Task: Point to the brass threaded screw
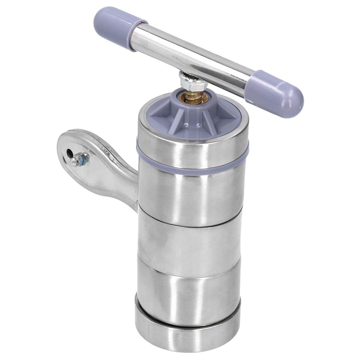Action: tap(194, 96)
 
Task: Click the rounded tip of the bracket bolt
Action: tap(75, 161)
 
